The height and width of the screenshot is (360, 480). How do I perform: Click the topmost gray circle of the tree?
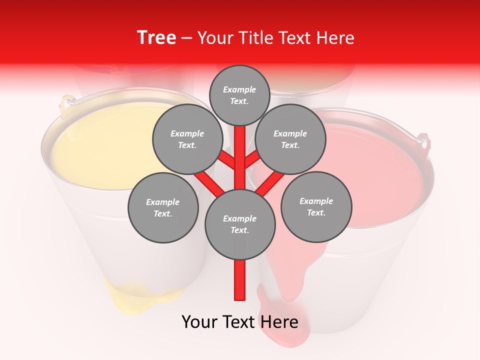(x=239, y=95)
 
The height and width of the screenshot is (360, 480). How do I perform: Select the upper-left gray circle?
(x=187, y=139)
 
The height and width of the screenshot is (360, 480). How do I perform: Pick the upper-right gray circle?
(x=290, y=139)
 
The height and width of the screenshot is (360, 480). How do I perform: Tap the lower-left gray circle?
(x=163, y=207)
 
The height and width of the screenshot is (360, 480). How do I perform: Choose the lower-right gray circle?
(x=316, y=206)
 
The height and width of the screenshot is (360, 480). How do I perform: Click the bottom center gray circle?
(x=240, y=224)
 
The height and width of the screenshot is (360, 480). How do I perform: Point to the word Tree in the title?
(x=156, y=37)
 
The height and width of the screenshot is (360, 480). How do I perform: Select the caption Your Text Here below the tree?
(x=239, y=321)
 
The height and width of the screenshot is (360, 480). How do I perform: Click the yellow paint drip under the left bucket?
(x=135, y=295)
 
